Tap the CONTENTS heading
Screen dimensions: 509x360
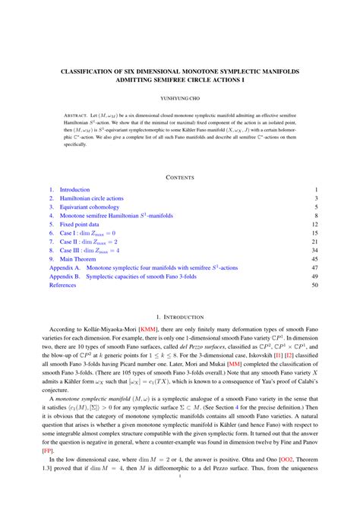point(180,177)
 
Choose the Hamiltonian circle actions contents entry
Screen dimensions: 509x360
point(92,198)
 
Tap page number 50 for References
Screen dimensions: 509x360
point(314,286)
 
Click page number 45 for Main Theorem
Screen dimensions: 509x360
point(314,259)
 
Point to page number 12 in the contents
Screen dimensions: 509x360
point(314,225)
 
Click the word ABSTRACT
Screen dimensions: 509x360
point(77,119)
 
